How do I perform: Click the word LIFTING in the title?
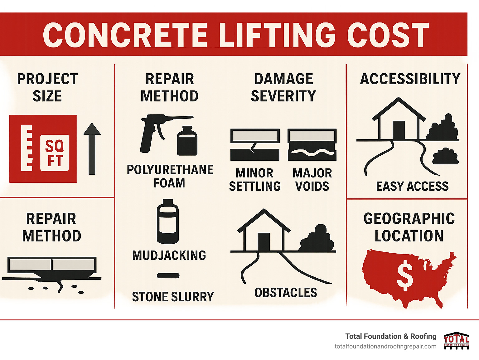pyautogui.click(x=277, y=35)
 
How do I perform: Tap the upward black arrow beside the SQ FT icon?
pyautogui.click(x=92, y=149)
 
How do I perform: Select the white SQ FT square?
pyautogui.click(x=55, y=153)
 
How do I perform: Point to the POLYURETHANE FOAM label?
pyautogui.click(x=170, y=176)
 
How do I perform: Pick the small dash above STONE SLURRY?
pyautogui.click(x=168, y=275)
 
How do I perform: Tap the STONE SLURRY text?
pyautogui.click(x=173, y=297)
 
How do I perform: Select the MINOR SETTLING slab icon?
pyautogui.click(x=255, y=144)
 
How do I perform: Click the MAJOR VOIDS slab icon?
pyautogui.click(x=312, y=144)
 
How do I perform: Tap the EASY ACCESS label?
pyautogui.click(x=412, y=186)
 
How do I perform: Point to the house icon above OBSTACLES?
pyautogui.click(x=264, y=231)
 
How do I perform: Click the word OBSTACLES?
pyautogui.click(x=286, y=293)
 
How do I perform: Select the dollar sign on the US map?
pyautogui.click(x=404, y=275)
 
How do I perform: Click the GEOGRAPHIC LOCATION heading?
pyautogui.click(x=409, y=227)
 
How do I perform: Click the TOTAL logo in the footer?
pyautogui.click(x=457, y=341)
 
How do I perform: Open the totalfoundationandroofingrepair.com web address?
pyautogui.click(x=385, y=347)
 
